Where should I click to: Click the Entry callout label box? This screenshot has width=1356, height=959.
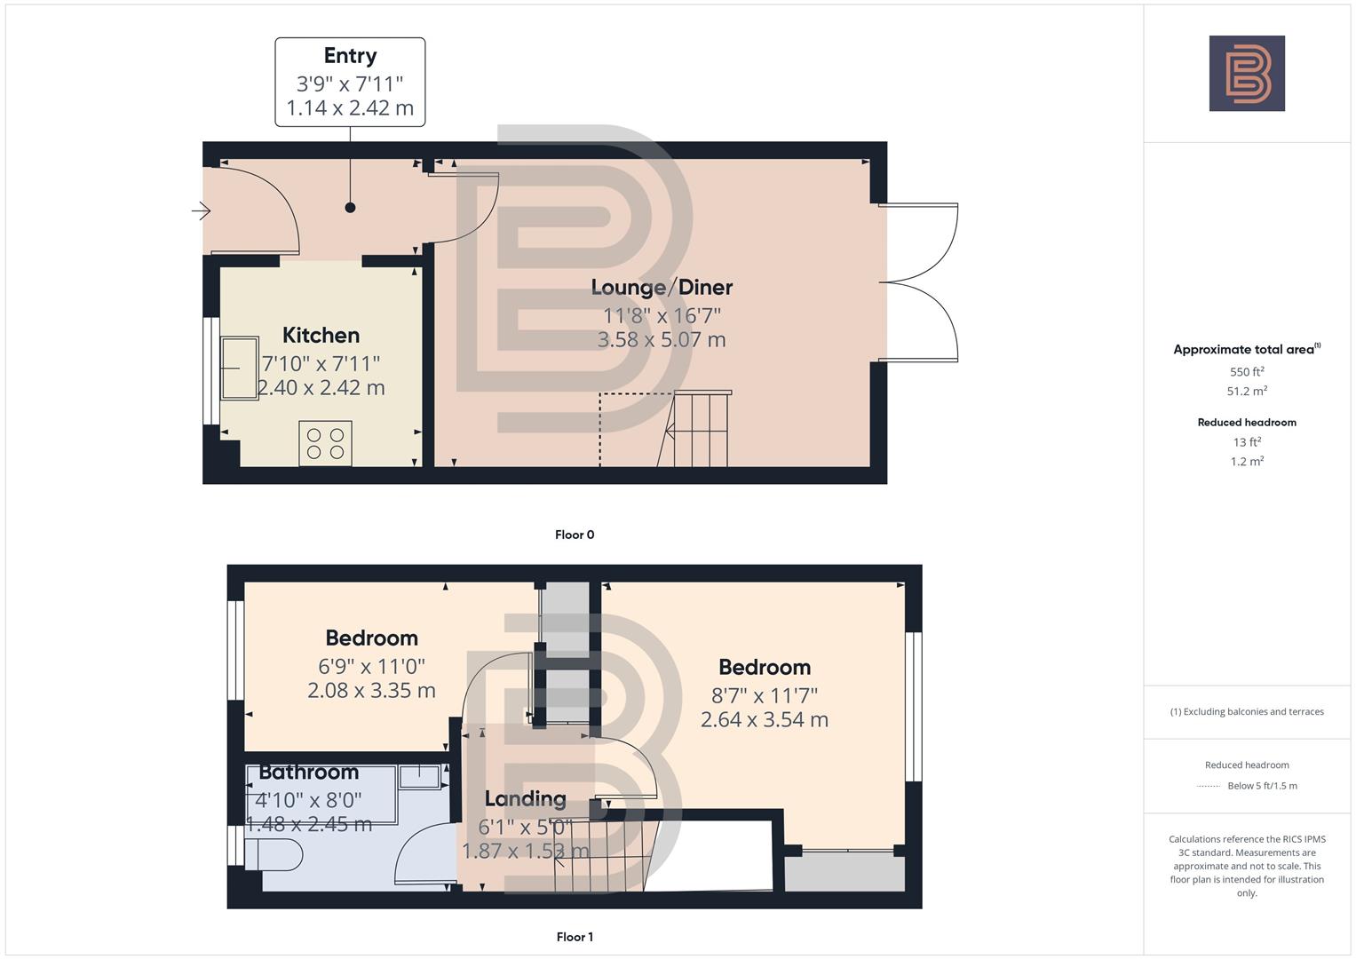pyautogui.click(x=350, y=82)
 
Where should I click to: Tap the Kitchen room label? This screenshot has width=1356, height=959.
pyautogui.click(x=321, y=335)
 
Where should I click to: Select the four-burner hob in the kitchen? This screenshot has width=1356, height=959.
pyautogui.click(x=325, y=443)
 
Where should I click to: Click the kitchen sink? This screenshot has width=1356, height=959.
pyautogui.click(x=239, y=368)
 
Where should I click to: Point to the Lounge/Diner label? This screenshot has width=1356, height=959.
pyautogui.click(x=662, y=287)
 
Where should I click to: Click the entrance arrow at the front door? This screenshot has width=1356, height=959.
pyautogui.click(x=201, y=211)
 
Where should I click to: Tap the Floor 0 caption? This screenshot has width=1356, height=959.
pyautogui.click(x=574, y=535)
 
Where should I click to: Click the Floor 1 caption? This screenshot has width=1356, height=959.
pyautogui.click(x=574, y=937)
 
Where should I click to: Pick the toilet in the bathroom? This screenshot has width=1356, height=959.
pyautogui.click(x=274, y=855)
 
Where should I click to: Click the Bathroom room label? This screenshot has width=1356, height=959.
pyautogui.click(x=308, y=772)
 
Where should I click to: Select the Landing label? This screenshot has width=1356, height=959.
pyautogui.click(x=525, y=798)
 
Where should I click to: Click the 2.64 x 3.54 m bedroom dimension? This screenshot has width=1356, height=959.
pyautogui.click(x=764, y=719)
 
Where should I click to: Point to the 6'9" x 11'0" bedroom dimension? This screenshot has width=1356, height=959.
pyautogui.click(x=371, y=665)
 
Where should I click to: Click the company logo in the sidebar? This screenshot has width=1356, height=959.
pyautogui.click(x=1247, y=74)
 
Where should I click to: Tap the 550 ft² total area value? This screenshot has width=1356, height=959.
pyautogui.click(x=1247, y=372)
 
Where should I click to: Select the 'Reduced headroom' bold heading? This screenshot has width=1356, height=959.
pyautogui.click(x=1247, y=423)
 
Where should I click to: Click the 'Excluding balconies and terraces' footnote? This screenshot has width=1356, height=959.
pyautogui.click(x=1247, y=711)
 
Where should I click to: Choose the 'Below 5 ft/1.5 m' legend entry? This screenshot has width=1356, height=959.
pyautogui.click(x=1261, y=786)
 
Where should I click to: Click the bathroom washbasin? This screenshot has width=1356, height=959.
pyautogui.click(x=420, y=775)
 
